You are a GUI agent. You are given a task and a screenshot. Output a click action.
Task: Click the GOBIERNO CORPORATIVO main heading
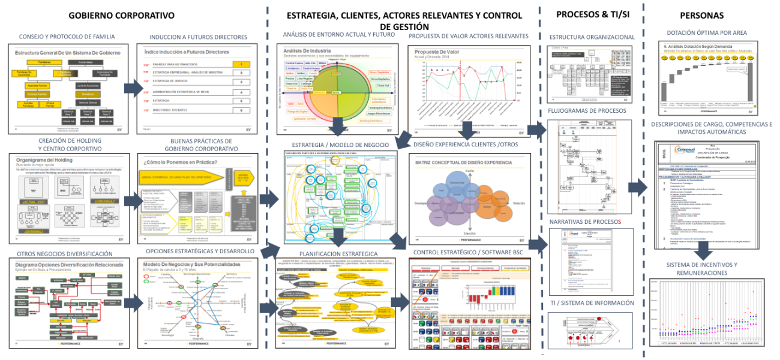coord(121,15)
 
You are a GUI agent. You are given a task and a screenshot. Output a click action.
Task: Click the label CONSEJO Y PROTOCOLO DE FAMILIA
coord(67,37)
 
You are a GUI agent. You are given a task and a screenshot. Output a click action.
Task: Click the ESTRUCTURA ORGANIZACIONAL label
coord(592,37)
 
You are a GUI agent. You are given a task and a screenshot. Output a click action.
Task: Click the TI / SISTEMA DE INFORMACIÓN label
coord(592,303)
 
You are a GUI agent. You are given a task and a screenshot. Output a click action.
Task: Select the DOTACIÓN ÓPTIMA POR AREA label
coord(706,32)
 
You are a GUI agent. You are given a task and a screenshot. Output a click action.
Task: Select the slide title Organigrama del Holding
coord(44,160)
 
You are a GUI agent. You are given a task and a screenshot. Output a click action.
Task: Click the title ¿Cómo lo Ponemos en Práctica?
coord(179,163)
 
